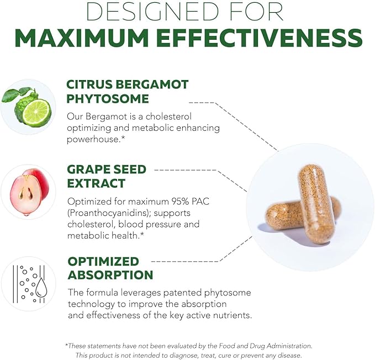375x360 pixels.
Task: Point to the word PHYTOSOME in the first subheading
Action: [108, 99]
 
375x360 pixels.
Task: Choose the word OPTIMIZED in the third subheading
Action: [103, 261]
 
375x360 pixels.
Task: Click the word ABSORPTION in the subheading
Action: [110, 274]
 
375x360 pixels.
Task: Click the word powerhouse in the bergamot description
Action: [91, 139]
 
